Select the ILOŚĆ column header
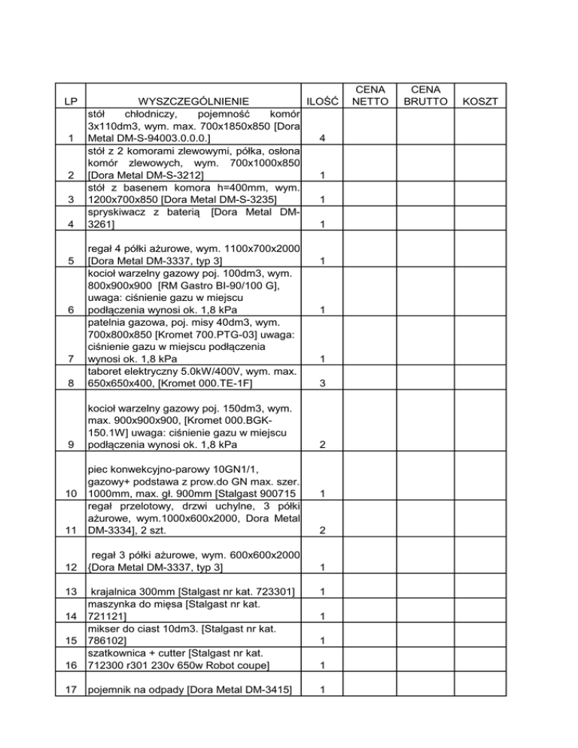(323, 101)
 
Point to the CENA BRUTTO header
(423, 94)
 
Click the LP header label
(69, 101)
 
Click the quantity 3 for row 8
(322, 384)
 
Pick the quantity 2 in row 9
(322, 445)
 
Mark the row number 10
(69, 514)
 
